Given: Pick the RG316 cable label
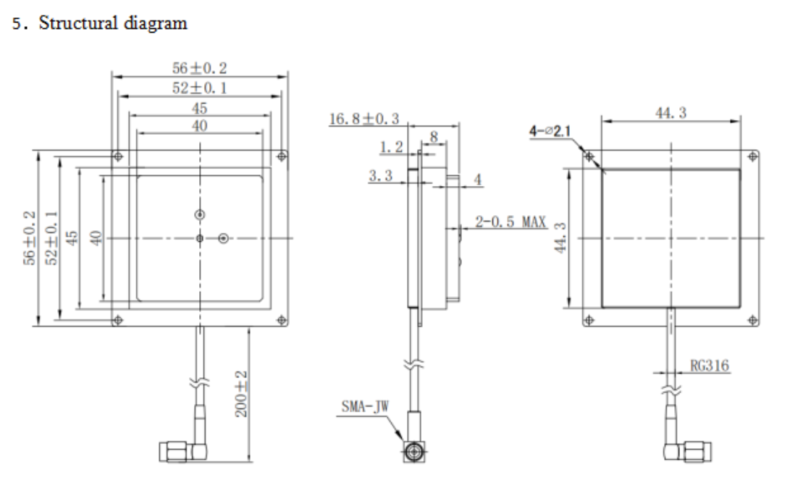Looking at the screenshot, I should click(710, 366).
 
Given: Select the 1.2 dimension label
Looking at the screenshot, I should click(391, 146).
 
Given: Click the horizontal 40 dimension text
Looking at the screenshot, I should click(199, 126).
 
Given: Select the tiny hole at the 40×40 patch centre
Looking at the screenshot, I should click(200, 238).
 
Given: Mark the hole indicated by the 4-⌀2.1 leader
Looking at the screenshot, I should click(589, 156).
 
